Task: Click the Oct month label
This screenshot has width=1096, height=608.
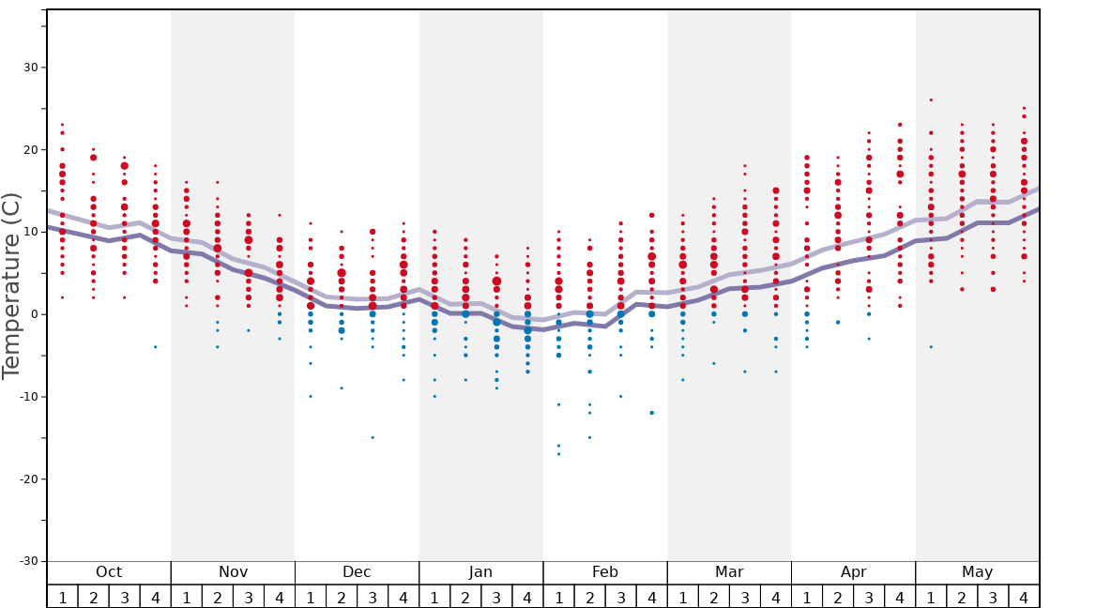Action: pos(109,572)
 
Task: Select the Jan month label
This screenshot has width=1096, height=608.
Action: pos(480,572)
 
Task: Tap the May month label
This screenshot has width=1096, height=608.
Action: pos(977,572)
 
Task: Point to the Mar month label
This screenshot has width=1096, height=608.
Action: pos(729,572)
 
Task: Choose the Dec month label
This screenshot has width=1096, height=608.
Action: pos(357,572)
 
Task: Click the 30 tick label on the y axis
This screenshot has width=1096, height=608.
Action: pos(28,68)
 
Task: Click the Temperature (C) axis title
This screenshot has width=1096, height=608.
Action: pos(11,285)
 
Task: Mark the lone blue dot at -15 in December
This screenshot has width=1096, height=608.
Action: pos(373,437)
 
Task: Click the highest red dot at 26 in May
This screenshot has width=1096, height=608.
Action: pos(931,99)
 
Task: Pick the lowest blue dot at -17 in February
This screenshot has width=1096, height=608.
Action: pos(558,454)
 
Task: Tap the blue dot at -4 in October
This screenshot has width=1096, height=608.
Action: pos(156,347)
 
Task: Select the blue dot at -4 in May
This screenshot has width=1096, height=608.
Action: pos(931,347)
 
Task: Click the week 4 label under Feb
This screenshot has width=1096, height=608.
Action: pos(651,598)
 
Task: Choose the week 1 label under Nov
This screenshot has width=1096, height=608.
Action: pos(187,598)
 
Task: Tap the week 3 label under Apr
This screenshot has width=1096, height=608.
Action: pos(869,598)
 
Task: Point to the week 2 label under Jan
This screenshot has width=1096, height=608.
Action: pos(465,598)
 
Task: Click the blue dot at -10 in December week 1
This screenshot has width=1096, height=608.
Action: pos(311,396)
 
